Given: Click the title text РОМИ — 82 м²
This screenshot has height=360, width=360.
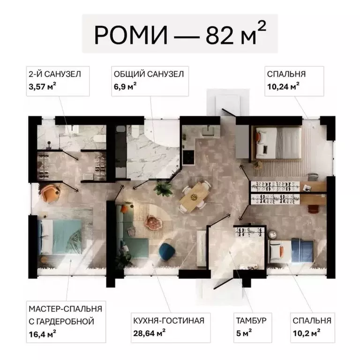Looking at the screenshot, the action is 180,34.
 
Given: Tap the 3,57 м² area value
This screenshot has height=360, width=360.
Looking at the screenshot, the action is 43,86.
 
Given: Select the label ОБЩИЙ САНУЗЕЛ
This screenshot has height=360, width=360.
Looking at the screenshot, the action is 149,74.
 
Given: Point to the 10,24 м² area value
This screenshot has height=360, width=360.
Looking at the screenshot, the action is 283,86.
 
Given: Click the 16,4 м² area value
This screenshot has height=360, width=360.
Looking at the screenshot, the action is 43,334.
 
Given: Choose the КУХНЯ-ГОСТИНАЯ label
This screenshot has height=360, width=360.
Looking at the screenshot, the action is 169,321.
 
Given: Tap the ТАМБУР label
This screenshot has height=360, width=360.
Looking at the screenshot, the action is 251,321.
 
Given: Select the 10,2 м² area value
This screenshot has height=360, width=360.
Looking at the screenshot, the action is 307,333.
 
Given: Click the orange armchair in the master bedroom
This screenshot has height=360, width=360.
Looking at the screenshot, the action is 51,194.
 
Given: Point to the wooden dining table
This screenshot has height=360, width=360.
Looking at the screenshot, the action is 194,196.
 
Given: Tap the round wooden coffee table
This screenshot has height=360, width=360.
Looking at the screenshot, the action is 153,222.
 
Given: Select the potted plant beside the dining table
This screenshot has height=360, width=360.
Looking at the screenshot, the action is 163,188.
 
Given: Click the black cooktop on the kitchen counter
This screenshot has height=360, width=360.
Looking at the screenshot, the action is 189,157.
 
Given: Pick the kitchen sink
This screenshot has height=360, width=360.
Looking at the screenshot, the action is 208,131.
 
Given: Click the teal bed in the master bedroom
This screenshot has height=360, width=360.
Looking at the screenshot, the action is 61,237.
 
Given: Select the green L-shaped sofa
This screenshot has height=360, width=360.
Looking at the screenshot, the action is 131,232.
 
